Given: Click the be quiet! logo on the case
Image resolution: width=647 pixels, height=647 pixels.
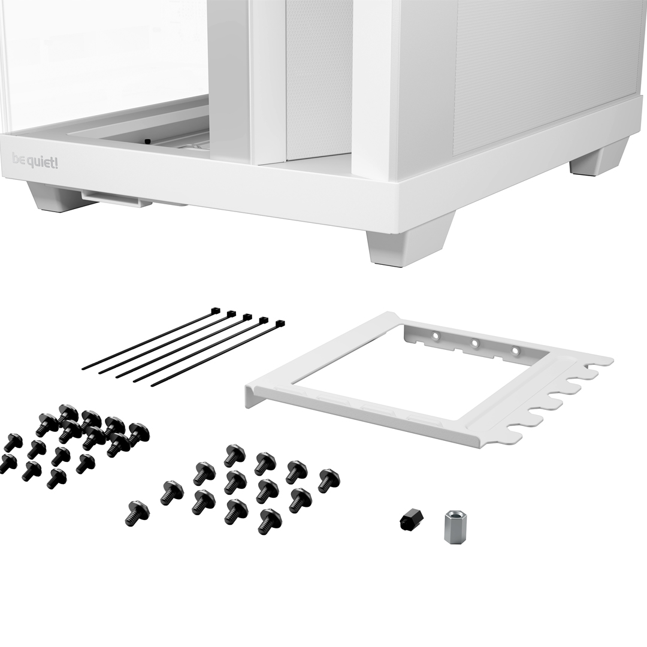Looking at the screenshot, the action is click(x=35, y=161).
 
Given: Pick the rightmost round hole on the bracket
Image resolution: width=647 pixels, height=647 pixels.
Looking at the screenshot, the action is click(x=515, y=350).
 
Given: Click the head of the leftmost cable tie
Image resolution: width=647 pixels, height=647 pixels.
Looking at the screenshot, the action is click(x=215, y=311).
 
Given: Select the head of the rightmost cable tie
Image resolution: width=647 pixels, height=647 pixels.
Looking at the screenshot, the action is click(x=280, y=323).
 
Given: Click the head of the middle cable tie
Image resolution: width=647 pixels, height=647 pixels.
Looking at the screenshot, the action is click(x=247, y=317).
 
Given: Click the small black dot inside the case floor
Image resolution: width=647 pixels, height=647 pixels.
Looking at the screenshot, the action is click(x=147, y=141).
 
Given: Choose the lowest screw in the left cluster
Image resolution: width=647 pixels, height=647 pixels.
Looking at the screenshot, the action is click(x=56, y=477).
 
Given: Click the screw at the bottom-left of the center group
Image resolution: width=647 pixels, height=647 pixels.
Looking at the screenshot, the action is click(x=137, y=512).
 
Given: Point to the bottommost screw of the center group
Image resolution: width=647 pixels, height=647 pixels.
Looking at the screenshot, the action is click(x=270, y=520).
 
